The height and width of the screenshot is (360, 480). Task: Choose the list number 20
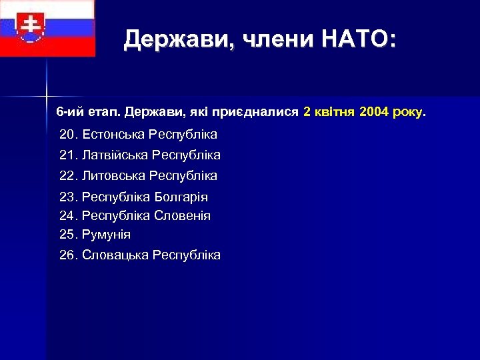click(x=68, y=135)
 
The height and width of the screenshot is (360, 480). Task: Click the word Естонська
click(x=113, y=135)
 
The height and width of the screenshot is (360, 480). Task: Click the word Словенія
click(x=182, y=216)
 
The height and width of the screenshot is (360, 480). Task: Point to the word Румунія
click(x=106, y=235)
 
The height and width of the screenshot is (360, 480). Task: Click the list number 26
click(x=68, y=255)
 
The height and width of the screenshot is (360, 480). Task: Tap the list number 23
click(x=68, y=197)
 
